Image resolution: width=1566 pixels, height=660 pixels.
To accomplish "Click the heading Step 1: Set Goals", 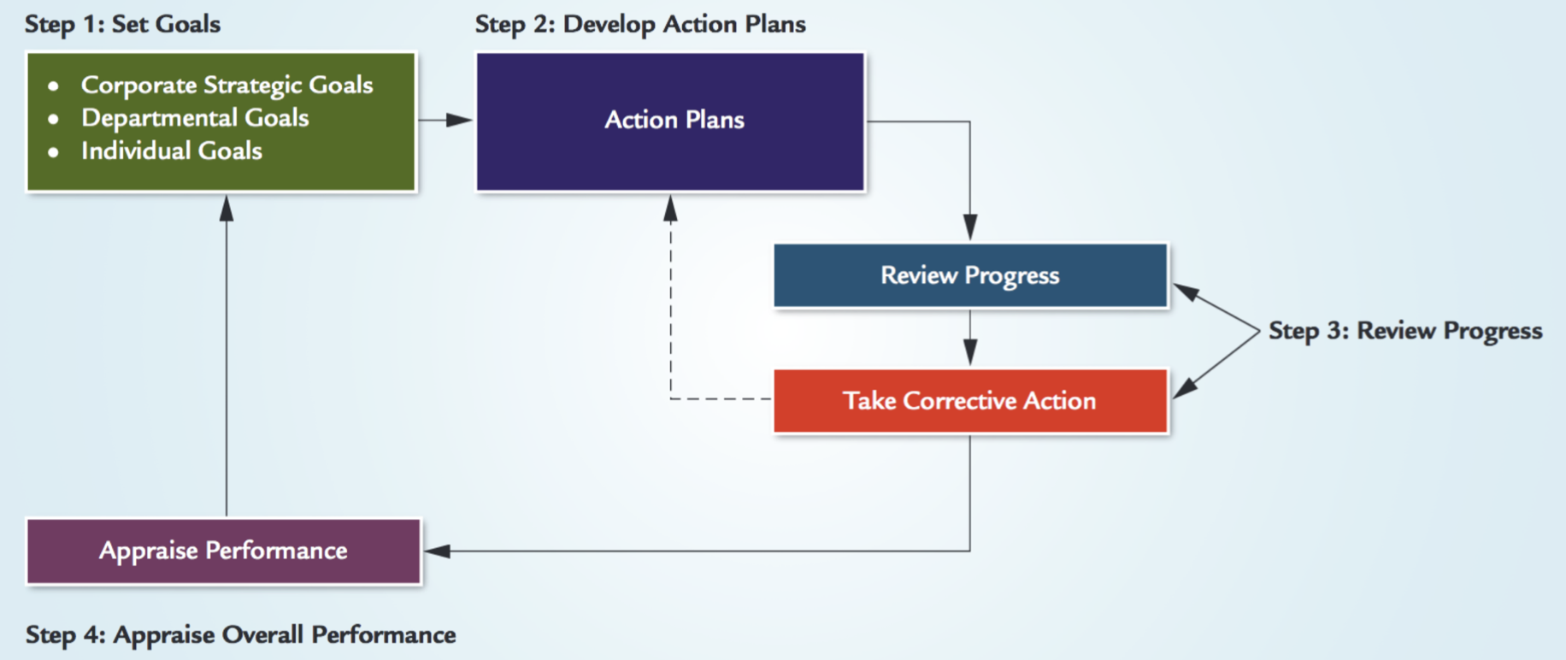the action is [122, 24].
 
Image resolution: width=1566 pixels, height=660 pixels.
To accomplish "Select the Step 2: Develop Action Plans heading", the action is [640, 24].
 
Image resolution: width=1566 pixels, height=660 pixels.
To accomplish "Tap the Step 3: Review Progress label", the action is [1405, 331].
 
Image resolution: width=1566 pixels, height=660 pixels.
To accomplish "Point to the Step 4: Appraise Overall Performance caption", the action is [240, 634].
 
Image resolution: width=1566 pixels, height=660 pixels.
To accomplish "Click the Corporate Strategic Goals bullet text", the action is [227, 85].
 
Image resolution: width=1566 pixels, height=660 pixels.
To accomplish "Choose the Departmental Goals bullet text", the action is [195, 117].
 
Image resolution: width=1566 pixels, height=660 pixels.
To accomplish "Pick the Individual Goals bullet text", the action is [171, 150].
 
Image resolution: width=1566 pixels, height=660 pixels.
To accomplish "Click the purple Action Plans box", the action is [670, 121].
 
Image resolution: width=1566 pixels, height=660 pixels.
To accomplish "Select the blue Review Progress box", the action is [970, 275].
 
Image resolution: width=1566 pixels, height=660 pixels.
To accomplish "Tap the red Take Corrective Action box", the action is [970, 401].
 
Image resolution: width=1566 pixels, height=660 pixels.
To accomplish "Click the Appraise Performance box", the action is [224, 551].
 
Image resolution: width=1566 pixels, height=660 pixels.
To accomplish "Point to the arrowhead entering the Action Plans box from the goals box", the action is [459, 120].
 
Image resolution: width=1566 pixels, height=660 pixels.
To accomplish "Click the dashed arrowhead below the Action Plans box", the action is [671, 209].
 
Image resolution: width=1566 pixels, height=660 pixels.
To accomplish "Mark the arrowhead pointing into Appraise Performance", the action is [438, 551].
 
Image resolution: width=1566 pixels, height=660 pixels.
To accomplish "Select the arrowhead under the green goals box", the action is [227, 209].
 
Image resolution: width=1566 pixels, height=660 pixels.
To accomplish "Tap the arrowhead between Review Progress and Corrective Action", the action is [970, 352].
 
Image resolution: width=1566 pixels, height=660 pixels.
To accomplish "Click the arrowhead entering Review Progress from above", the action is [970, 227].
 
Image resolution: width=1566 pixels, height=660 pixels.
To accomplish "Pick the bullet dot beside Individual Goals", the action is [54, 152].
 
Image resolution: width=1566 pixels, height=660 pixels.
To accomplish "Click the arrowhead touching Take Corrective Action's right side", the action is [1186, 388].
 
